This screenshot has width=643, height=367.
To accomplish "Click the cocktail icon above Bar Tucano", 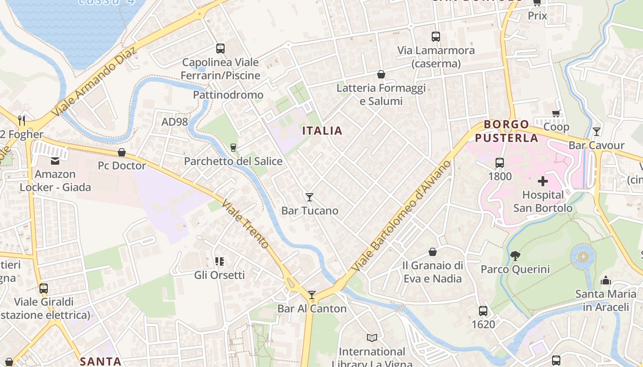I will coord(310,197).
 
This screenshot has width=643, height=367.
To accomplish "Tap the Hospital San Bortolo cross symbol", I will coord(543,181).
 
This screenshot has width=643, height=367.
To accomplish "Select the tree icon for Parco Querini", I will coord(515,256).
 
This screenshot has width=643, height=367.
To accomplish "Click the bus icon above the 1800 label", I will coord(500,163).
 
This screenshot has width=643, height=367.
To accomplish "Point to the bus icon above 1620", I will coord(483,311).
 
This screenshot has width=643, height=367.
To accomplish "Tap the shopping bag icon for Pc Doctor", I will coord(122,152).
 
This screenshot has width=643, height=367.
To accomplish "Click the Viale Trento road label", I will coord(245,224).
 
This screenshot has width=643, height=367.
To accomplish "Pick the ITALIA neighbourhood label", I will coord(322,131).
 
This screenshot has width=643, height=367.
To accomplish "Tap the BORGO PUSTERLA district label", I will coord(507,131).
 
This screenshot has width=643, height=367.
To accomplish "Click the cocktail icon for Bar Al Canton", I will coord(312,295).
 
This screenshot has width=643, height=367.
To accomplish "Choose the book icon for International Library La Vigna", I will coord(372,338).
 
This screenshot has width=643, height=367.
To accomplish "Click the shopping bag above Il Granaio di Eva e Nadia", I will coord(433,252).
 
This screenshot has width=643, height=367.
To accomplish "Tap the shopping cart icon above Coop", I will coord(556,113).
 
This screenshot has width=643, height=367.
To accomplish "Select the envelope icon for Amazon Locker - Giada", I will coord(55,161).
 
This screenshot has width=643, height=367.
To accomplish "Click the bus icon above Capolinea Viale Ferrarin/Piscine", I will coord(220,49).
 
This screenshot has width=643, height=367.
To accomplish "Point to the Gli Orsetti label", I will coord(219,275).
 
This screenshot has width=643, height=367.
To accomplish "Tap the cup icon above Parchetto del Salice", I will coord(233,147).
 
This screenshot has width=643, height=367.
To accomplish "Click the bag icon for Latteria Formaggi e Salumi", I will coord(381,74).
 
